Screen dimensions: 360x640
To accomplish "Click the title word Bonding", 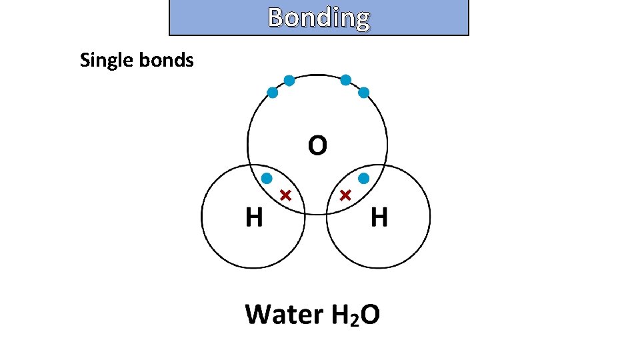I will point(319,17).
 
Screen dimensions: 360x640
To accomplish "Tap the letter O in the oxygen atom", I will point(317,145).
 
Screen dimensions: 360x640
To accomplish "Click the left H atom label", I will point(254,217).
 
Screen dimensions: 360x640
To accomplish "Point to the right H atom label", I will point(379,217).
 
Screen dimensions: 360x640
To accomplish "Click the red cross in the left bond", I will point(285,195).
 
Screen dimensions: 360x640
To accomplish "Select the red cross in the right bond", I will point(345,195).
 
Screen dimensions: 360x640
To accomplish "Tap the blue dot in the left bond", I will point(267,178).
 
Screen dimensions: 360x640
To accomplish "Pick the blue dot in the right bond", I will point(364,178).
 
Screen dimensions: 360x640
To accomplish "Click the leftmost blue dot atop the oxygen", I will point(273,93).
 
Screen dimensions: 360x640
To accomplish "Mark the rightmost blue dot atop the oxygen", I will point(364,93).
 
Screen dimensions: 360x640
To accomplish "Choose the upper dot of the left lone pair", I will point(289,81).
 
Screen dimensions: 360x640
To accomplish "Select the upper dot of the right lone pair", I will point(346,80).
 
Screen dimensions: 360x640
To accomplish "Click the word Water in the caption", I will point(283,314).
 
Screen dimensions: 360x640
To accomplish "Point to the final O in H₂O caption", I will point(370,314).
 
